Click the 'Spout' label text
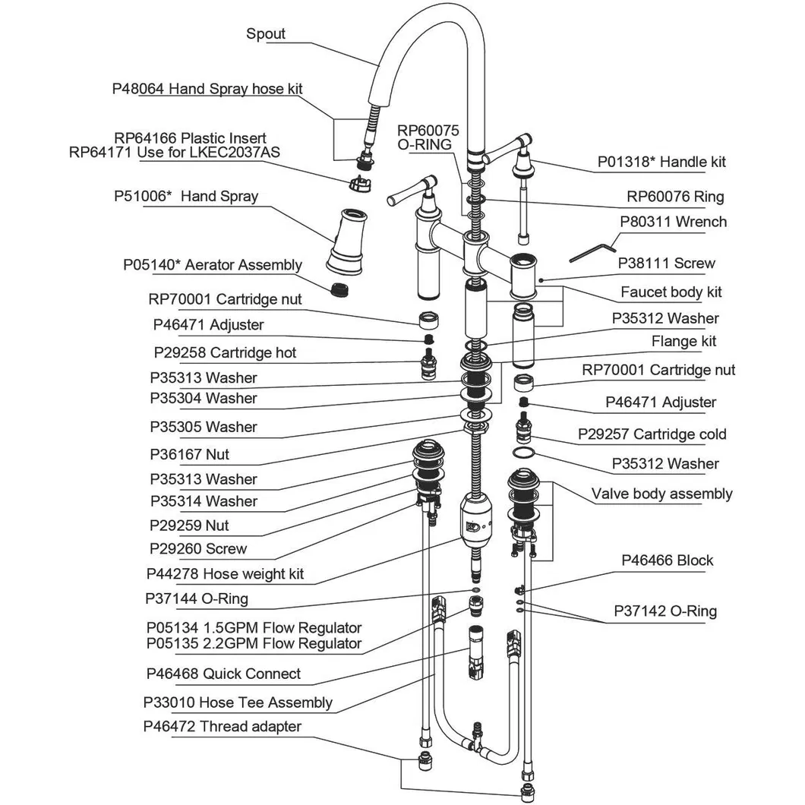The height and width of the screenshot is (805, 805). (x=266, y=35)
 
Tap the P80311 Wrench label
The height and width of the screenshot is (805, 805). (x=673, y=223)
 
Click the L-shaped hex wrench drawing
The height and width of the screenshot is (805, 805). (x=593, y=249)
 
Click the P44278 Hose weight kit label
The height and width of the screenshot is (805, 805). (x=226, y=574)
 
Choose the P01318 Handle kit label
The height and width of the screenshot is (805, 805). (x=661, y=162)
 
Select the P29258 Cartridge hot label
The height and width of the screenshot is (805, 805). (x=225, y=353)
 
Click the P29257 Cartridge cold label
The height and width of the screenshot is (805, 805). (x=652, y=434)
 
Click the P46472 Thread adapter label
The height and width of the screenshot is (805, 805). (x=222, y=727)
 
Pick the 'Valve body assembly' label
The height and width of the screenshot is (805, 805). (x=661, y=494)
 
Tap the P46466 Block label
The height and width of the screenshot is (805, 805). (x=667, y=560)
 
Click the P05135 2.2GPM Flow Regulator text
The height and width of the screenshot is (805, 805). (x=254, y=644)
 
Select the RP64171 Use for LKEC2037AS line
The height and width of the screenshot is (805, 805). (x=174, y=153)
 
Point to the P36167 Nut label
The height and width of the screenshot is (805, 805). (x=190, y=455)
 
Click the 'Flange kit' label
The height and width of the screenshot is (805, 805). (x=683, y=342)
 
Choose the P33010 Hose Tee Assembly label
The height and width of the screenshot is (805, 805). (x=238, y=703)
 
